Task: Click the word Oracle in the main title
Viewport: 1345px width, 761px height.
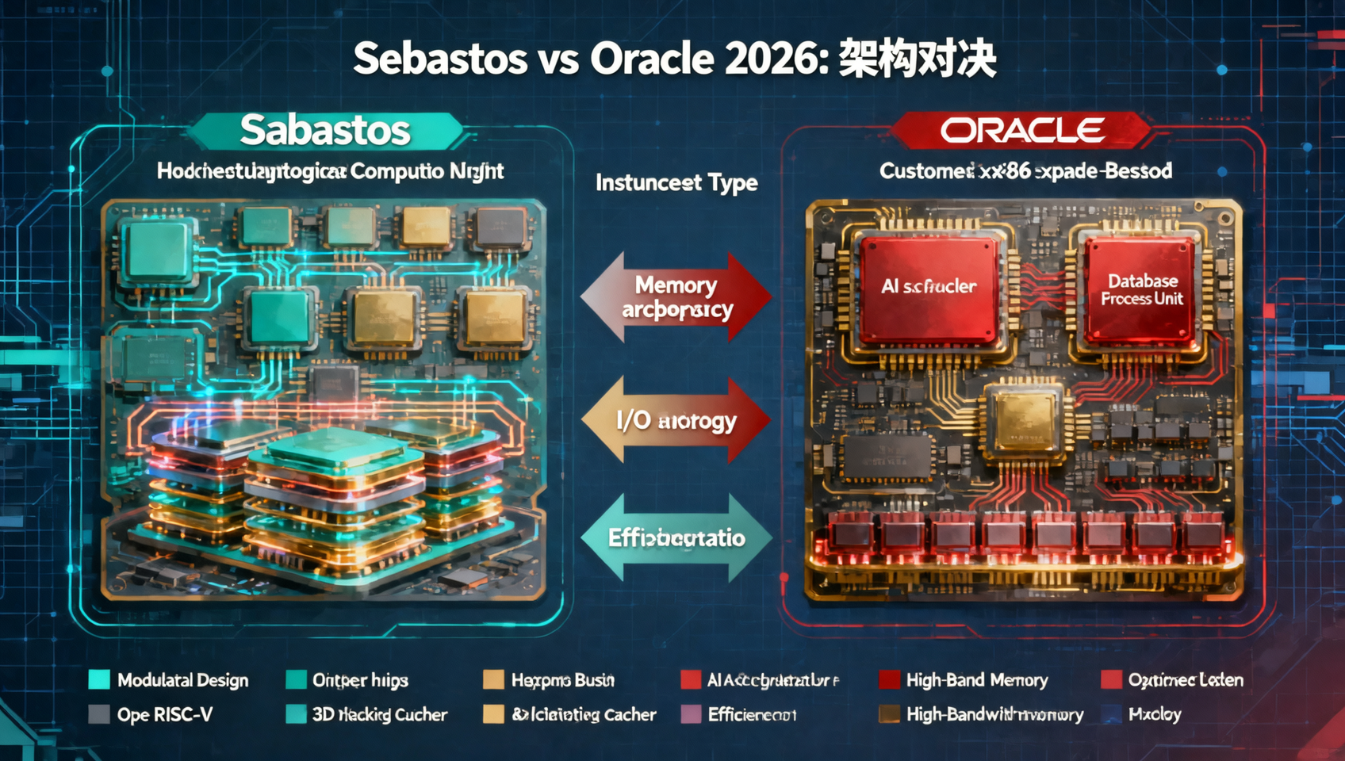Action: (652, 59)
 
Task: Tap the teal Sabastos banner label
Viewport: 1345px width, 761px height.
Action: (325, 131)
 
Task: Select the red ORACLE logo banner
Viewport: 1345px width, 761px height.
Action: (1022, 131)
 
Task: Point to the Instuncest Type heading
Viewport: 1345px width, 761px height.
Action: (676, 183)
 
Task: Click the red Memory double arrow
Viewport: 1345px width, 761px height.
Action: (676, 296)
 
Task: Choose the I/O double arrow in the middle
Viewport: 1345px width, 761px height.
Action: (676, 420)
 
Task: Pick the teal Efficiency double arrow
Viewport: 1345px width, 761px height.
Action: (676, 538)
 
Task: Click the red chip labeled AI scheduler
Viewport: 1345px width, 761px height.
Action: (929, 288)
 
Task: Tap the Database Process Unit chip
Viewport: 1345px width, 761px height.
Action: (1141, 289)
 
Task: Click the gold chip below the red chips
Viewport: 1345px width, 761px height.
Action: (1023, 420)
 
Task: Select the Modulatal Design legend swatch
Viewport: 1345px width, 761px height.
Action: (99, 680)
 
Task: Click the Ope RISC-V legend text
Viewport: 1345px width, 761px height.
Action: (165, 715)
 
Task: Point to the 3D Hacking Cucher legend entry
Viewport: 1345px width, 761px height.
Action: (379, 715)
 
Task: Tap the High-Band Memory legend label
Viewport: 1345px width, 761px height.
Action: (977, 680)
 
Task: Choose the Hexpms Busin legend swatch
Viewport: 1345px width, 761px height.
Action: (493, 680)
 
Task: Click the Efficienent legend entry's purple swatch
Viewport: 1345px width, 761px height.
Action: (692, 715)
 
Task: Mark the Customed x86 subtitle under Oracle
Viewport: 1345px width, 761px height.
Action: (1025, 171)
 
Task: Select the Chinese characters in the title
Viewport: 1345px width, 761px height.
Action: (917, 59)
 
